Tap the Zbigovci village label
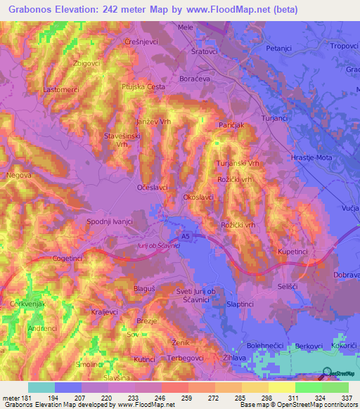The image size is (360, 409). tap(86, 63)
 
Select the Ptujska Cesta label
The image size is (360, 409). tap(143, 86)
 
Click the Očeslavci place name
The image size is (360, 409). tap(153, 188)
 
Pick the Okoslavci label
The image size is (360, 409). tap(198, 198)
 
